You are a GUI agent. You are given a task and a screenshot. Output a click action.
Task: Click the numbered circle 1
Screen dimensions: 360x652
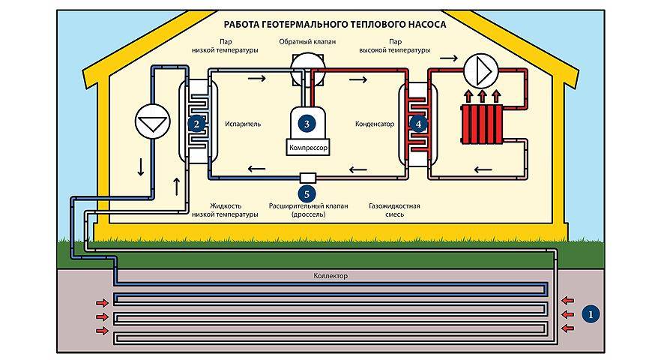591,314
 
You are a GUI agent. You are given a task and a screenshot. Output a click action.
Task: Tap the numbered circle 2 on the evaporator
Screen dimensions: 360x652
196,122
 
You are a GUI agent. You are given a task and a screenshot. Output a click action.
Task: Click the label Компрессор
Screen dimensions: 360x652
308,148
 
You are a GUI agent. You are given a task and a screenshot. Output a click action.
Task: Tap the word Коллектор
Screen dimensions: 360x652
330,276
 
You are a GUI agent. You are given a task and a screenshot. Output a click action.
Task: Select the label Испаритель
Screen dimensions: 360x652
243,123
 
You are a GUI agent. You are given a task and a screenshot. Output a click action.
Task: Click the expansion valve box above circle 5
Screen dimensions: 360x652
308,178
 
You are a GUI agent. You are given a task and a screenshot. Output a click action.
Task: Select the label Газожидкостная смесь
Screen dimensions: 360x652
394,209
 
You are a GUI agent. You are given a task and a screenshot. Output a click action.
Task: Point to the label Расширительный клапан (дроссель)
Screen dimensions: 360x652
308,209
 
